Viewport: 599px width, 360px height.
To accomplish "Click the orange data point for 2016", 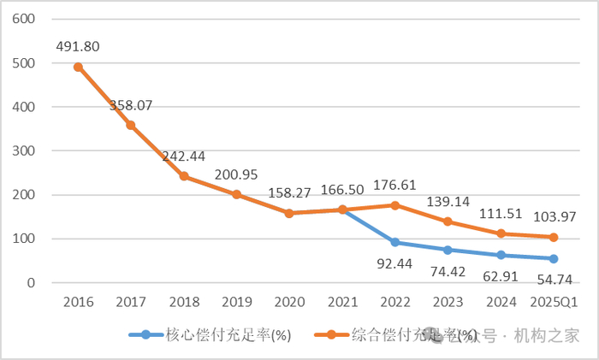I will tap(78, 67).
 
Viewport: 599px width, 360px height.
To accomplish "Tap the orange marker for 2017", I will tap(131, 125).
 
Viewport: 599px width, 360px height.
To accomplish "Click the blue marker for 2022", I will tap(394, 242).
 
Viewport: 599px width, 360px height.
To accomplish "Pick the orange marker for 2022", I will tap(394, 205).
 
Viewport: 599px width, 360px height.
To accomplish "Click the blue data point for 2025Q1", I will tap(553, 258).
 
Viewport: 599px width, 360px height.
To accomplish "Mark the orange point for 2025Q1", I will tap(553, 237).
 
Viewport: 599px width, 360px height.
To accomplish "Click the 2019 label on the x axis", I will tap(236, 302).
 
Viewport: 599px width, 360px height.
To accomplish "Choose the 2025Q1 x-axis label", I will tap(553, 302).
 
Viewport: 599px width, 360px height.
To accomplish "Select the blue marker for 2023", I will tap(448, 250).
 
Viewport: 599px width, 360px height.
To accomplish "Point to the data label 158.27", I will tap(289, 193).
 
